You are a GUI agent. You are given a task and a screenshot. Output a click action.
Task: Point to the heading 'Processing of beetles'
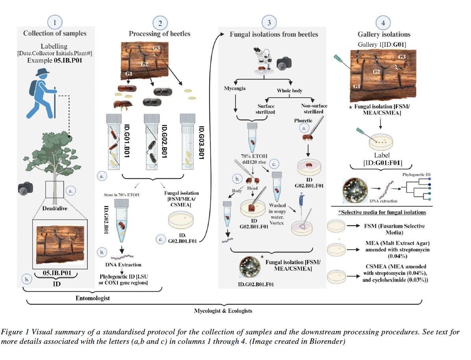coord(159,33)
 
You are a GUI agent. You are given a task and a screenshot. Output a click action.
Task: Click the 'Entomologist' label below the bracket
coord(93,298)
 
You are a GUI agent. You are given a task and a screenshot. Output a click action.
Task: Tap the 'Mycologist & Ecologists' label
coord(223,311)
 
